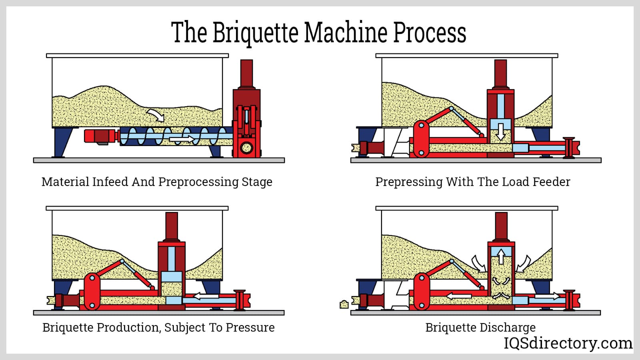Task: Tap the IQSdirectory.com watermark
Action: coord(568,343)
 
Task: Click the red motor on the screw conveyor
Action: coord(100,136)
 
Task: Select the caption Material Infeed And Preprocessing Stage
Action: coord(157,182)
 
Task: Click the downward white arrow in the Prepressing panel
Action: coord(500,131)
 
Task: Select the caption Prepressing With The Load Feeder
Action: coord(472,182)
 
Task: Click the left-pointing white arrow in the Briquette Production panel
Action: coord(206,296)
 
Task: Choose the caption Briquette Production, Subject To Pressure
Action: coord(158,327)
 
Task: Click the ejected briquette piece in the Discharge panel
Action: coord(344,305)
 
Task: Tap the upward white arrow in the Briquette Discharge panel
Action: coord(501,256)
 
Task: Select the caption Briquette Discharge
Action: coord(480,327)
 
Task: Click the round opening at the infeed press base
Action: coord(246,148)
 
